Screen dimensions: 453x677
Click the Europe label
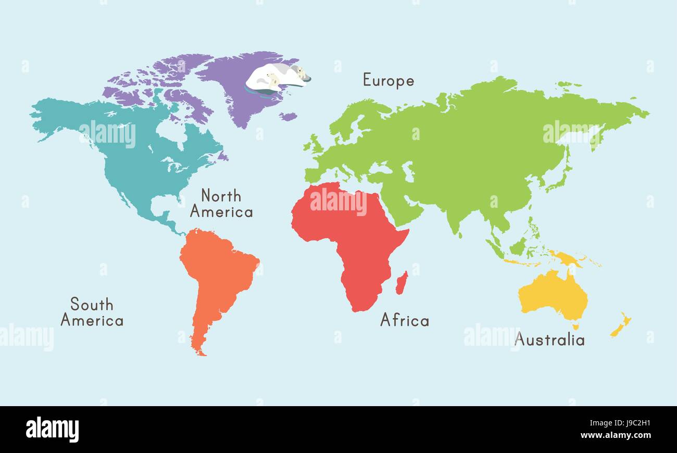tap(388, 81)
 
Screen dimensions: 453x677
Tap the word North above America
tap(221, 196)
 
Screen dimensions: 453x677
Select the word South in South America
tap(92, 304)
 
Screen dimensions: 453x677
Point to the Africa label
tap(405, 320)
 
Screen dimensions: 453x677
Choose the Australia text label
tap(549, 340)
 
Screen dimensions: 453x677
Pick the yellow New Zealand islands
tap(620, 325)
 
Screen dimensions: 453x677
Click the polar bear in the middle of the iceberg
tap(271, 79)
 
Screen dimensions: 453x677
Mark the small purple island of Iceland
tap(287, 117)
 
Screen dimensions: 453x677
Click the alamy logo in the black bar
tap(52, 430)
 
